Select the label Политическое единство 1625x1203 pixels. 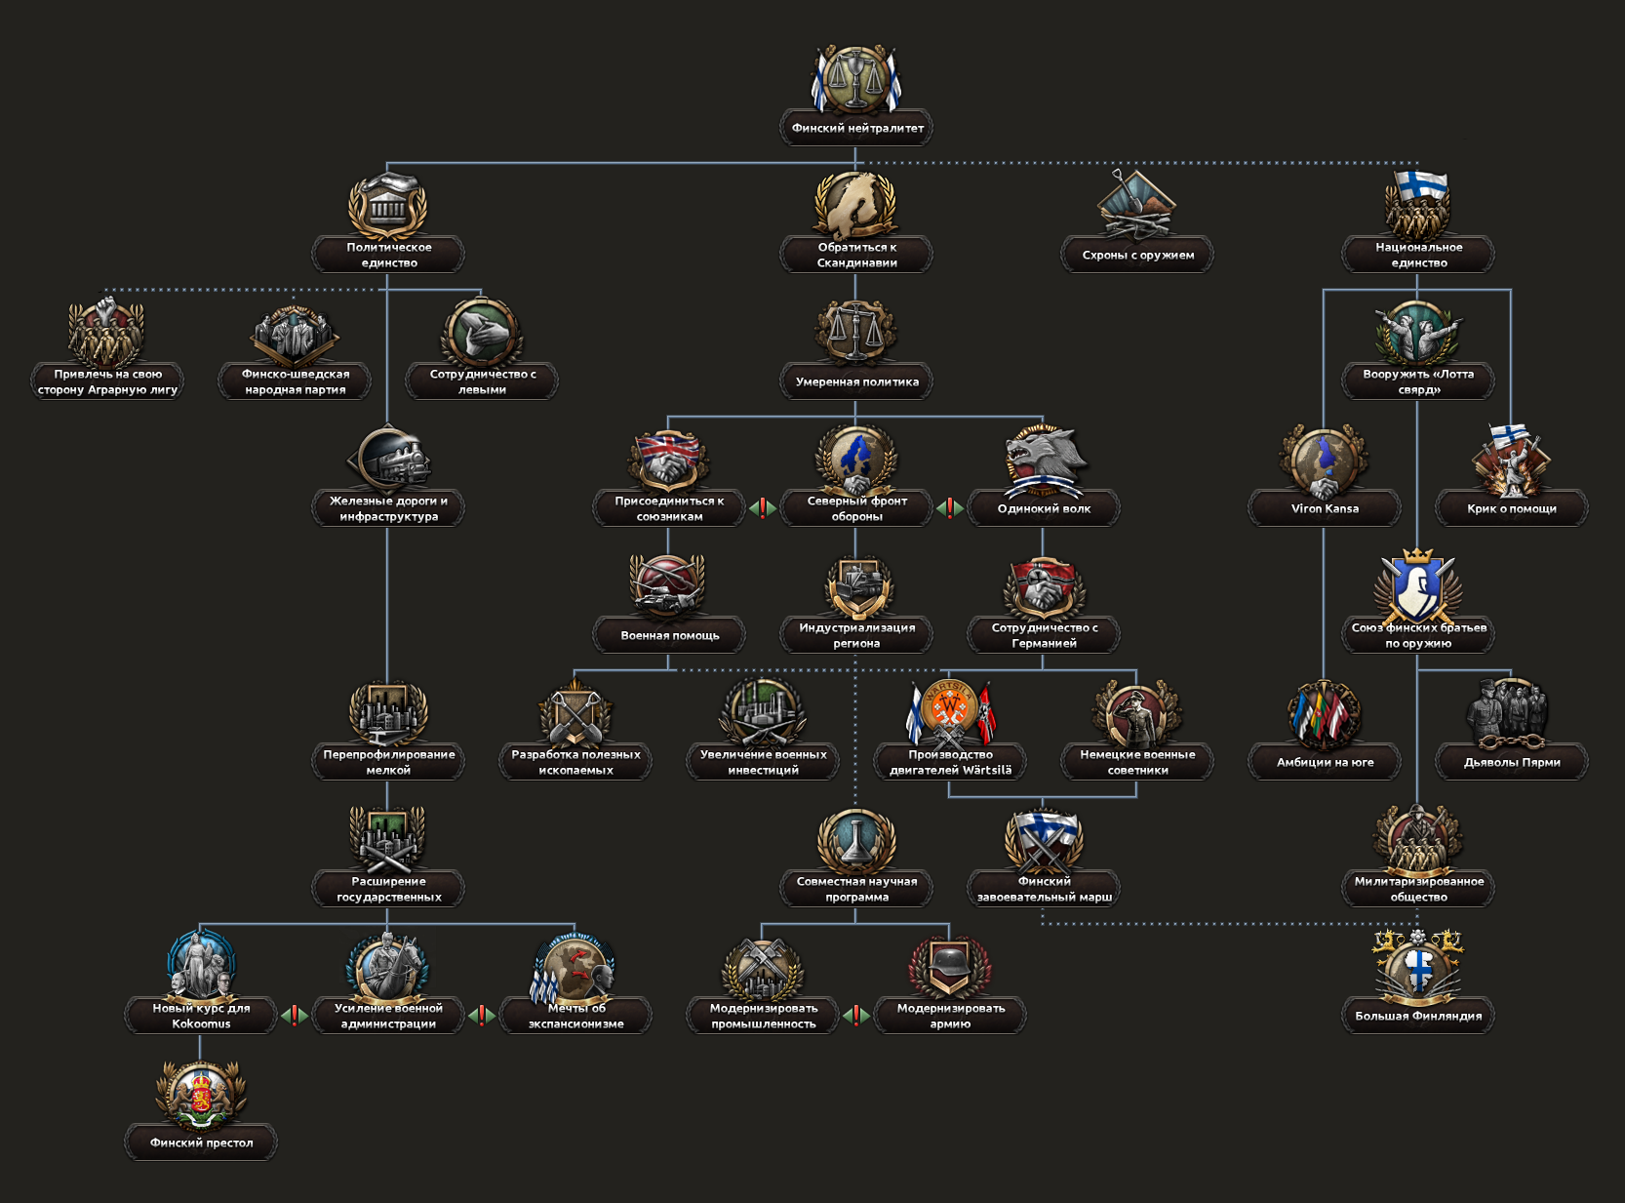[388, 255]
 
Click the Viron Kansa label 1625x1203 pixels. [1324, 508]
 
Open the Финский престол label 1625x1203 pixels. [201, 1143]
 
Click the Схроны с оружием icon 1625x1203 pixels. [1137, 205]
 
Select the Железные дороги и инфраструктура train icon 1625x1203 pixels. [388, 459]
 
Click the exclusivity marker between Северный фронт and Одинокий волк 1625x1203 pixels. [950, 507]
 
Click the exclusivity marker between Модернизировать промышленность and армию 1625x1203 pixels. [856, 1015]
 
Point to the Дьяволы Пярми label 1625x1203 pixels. [1511, 762]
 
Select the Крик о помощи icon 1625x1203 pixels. [1511, 459]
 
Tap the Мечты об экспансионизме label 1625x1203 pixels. [575, 1016]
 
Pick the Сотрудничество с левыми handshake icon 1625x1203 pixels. [482, 332]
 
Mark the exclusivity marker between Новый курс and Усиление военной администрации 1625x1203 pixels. [295, 1015]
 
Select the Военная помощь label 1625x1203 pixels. [669, 635]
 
